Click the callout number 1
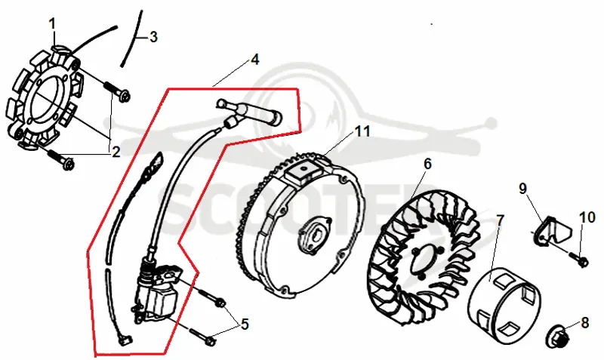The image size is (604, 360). tap(52, 23)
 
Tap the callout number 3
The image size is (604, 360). tap(153, 37)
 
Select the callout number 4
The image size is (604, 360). tap(254, 60)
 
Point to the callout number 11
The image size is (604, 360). tap(362, 131)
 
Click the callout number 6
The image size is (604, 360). tap(428, 164)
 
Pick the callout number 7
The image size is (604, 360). tap(500, 220)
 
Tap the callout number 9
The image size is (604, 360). tap(522, 189)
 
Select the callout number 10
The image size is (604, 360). tap(588, 217)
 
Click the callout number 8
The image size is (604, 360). tap(584, 323)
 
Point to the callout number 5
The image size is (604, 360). tap(245, 324)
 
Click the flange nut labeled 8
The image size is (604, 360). tap(557, 336)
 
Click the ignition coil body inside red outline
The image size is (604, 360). tap(157, 290)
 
